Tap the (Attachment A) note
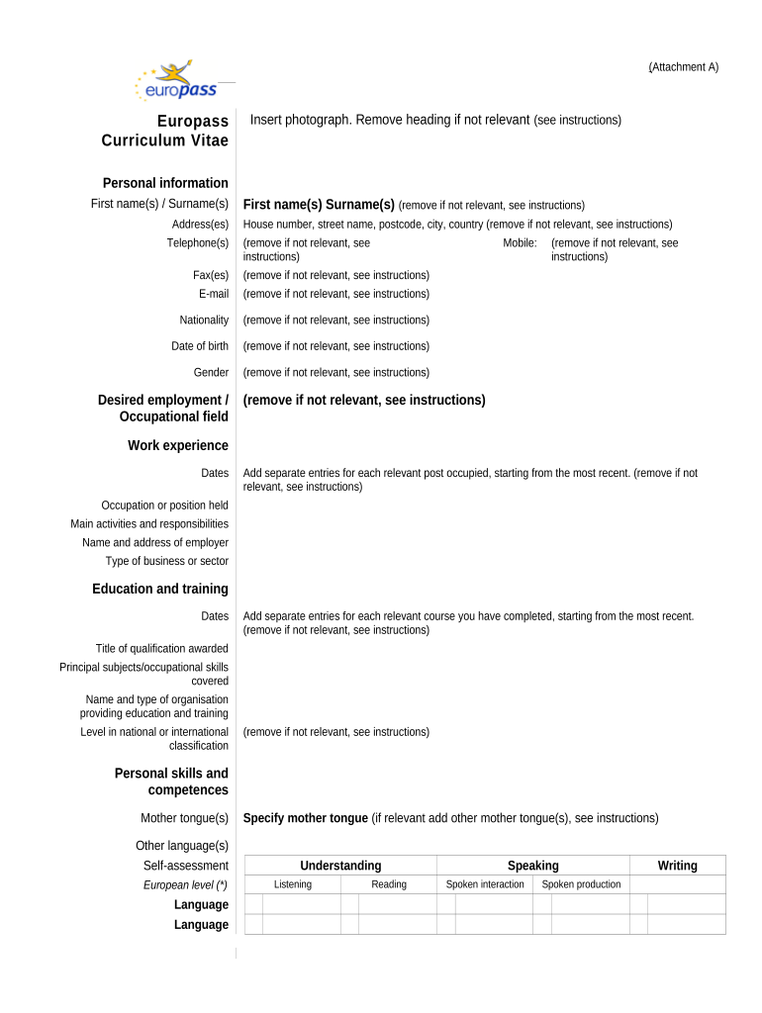click(684, 67)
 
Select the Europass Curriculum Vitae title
click(165, 131)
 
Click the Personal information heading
click(165, 183)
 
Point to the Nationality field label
click(204, 321)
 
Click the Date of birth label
click(200, 346)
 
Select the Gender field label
click(211, 373)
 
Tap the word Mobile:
click(520, 243)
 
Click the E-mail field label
click(214, 294)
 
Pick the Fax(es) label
click(211, 275)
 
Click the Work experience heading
click(178, 445)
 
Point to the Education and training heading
click(160, 589)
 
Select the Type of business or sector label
click(167, 562)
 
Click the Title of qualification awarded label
click(162, 649)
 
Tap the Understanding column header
click(340, 866)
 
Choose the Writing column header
click(677, 866)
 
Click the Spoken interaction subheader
click(485, 884)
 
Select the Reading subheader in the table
click(389, 884)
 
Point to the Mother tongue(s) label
click(184, 818)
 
